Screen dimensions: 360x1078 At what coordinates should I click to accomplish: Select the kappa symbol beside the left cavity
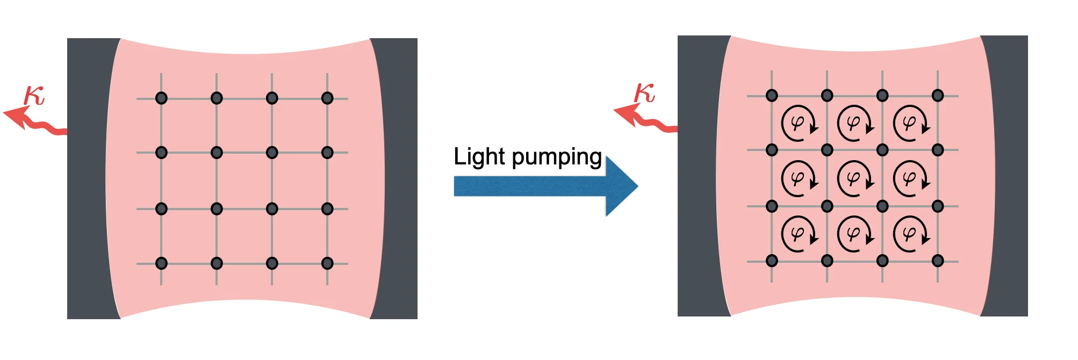tap(34, 96)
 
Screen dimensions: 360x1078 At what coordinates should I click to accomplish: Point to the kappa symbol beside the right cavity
tap(644, 93)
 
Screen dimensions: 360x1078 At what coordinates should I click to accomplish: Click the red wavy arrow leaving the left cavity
tap(32, 120)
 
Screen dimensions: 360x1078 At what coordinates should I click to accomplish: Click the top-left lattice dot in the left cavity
tap(161, 98)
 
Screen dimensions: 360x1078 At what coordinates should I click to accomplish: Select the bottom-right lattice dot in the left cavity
tap(327, 263)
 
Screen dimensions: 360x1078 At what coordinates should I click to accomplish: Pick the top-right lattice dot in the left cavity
tap(327, 98)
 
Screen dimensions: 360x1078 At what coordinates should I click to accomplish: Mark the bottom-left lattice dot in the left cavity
tap(161, 263)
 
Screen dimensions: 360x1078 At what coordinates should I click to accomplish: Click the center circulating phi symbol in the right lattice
tap(854, 178)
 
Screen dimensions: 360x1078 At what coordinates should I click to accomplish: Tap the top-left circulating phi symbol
tap(799, 123)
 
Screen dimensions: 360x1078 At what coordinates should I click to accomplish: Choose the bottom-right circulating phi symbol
tap(910, 234)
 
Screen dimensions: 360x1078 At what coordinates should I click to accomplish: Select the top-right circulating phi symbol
tap(910, 123)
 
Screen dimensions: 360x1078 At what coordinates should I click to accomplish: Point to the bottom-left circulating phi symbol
tap(799, 234)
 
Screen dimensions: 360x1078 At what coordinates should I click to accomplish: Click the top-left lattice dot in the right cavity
tap(772, 96)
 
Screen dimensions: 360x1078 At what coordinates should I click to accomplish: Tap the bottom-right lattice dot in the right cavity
tap(938, 261)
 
